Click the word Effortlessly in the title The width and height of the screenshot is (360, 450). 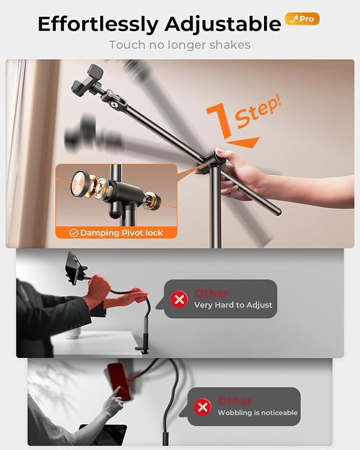click(x=98, y=24)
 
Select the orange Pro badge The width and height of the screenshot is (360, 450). click(x=302, y=19)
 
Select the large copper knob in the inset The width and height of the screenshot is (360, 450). click(x=81, y=183)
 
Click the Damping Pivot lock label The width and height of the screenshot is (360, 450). click(x=121, y=233)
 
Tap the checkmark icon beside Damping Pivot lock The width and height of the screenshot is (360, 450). click(x=74, y=233)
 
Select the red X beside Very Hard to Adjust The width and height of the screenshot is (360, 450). click(x=179, y=299)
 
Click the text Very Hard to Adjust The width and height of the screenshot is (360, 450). click(x=233, y=305)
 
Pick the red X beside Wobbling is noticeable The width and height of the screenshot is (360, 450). click(x=203, y=407)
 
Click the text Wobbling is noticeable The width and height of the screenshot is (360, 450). click(x=258, y=413)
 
